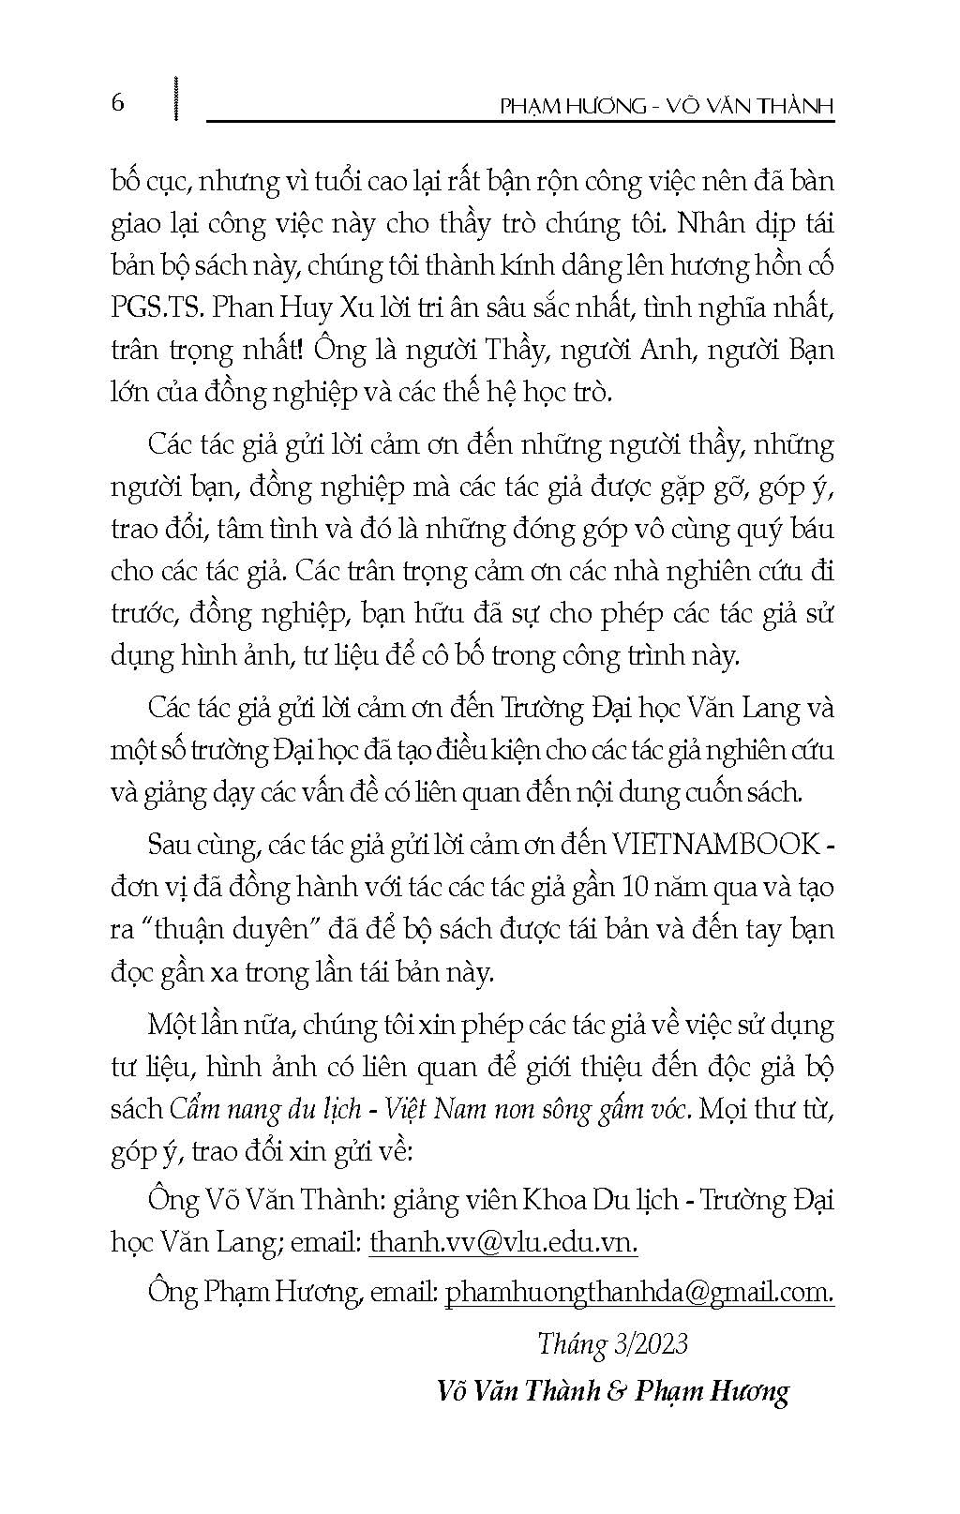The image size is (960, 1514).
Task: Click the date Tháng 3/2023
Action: point(613,1343)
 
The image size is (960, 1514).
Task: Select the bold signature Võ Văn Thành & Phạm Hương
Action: point(613,1390)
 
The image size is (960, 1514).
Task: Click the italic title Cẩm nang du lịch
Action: point(265,1109)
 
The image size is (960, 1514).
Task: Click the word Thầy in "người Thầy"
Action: point(518,351)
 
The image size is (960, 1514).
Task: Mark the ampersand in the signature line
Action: point(615,1390)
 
